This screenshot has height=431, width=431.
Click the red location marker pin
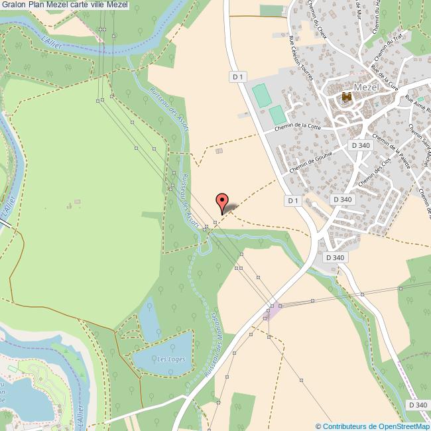(x=222, y=202)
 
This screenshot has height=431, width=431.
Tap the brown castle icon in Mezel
(x=345, y=98)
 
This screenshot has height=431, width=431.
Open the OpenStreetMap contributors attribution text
(x=372, y=426)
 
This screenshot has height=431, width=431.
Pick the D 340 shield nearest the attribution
(x=418, y=404)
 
